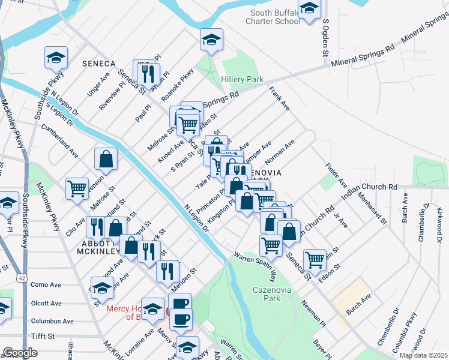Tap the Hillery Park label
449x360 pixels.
pyautogui.click(x=242, y=79)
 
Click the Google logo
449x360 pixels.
pyautogui.click(x=20, y=353)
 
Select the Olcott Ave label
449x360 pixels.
pyautogui.click(x=46, y=303)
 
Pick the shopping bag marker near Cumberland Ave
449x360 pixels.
pyautogui.click(x=106, y=159)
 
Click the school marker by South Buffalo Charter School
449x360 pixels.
pyautogui.click(x=310, y=9)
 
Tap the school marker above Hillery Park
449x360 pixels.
pyautogui.click(x=211, y=40)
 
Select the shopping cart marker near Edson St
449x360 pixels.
pyautogui.click(x=315, y=259)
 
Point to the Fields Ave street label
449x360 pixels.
pyautogui.click(x=336, y=174)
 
